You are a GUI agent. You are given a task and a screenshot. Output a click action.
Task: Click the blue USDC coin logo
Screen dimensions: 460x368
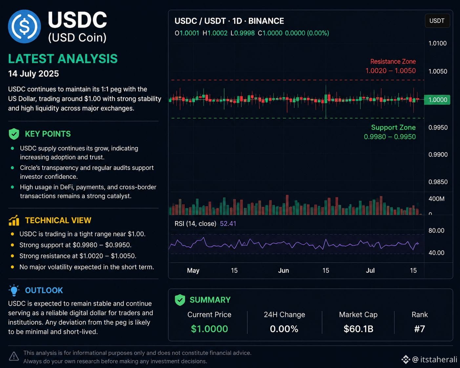24,26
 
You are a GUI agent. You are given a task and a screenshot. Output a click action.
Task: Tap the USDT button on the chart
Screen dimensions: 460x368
437,21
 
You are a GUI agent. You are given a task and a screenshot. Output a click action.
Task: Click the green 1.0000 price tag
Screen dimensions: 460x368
437,100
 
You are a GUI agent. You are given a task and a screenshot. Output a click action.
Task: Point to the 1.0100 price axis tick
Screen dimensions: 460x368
437,43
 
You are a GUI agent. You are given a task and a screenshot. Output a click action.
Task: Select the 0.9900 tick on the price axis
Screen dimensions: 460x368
438,154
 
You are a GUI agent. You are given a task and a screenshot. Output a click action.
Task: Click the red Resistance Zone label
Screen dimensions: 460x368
393,62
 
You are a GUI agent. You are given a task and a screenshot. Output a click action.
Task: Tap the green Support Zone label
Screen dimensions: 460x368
393,127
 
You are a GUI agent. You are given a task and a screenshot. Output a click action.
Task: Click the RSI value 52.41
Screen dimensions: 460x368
228,224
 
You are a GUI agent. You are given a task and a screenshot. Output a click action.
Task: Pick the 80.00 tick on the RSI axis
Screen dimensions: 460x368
436,230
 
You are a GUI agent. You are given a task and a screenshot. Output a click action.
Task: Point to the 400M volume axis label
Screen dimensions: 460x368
436,199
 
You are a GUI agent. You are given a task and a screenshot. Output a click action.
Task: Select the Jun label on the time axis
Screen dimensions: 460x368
283,271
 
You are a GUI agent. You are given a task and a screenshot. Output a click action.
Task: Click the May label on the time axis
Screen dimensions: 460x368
193,271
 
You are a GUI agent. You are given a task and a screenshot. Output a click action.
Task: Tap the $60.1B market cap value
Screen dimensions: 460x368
358,329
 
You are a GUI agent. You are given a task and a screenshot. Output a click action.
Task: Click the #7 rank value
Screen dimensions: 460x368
419,329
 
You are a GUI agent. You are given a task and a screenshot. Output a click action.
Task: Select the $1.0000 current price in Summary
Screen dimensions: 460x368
209,329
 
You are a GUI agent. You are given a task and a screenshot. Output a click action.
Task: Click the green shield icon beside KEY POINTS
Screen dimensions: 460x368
14,134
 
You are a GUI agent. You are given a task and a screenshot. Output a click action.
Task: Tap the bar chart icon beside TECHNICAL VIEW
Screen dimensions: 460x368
14,220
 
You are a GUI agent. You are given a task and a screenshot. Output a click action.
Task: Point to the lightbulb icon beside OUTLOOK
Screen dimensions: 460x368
14,290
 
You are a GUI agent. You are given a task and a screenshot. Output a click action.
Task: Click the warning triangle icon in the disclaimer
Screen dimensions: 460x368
14,357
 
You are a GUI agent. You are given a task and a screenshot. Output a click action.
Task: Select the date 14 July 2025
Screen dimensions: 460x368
33,74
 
